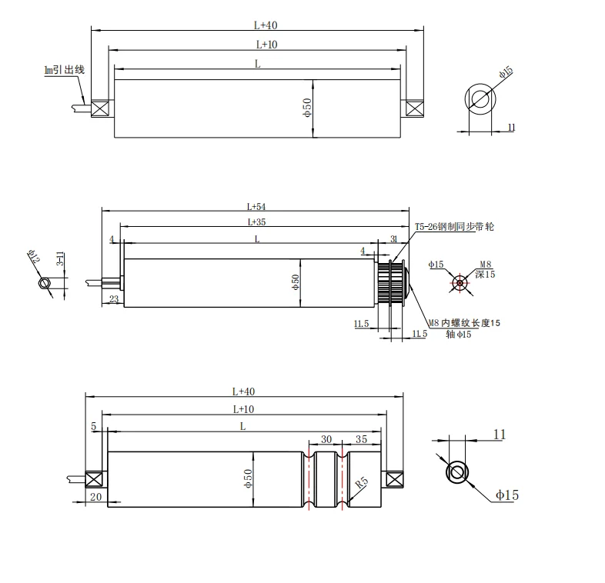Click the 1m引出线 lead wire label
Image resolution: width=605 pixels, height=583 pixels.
(64, 70)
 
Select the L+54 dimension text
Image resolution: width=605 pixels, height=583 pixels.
(256, 206)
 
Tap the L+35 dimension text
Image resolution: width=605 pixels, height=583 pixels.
(256, 222)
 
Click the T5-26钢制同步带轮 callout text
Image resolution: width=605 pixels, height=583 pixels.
(454, 227)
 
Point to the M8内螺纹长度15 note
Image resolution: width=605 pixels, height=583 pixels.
(465, 323)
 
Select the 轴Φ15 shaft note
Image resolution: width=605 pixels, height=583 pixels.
(458, 335)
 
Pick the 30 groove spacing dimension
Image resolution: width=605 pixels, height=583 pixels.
(326, 439)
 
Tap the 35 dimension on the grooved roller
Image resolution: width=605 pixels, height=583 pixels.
(362, 439)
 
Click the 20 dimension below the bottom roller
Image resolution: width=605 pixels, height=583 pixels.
(95, 497)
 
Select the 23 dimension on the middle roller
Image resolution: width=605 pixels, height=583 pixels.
(113, 299)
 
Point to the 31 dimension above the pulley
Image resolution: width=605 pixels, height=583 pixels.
(394, 240)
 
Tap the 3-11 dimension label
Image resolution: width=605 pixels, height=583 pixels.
(60, 258)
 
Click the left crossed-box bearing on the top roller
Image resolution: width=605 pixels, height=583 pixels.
(100, 108)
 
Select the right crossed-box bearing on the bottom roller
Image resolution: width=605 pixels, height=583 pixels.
(394, 479)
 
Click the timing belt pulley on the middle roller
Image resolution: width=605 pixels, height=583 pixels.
(389, 282)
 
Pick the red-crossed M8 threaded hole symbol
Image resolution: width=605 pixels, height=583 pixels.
(460, 282)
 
